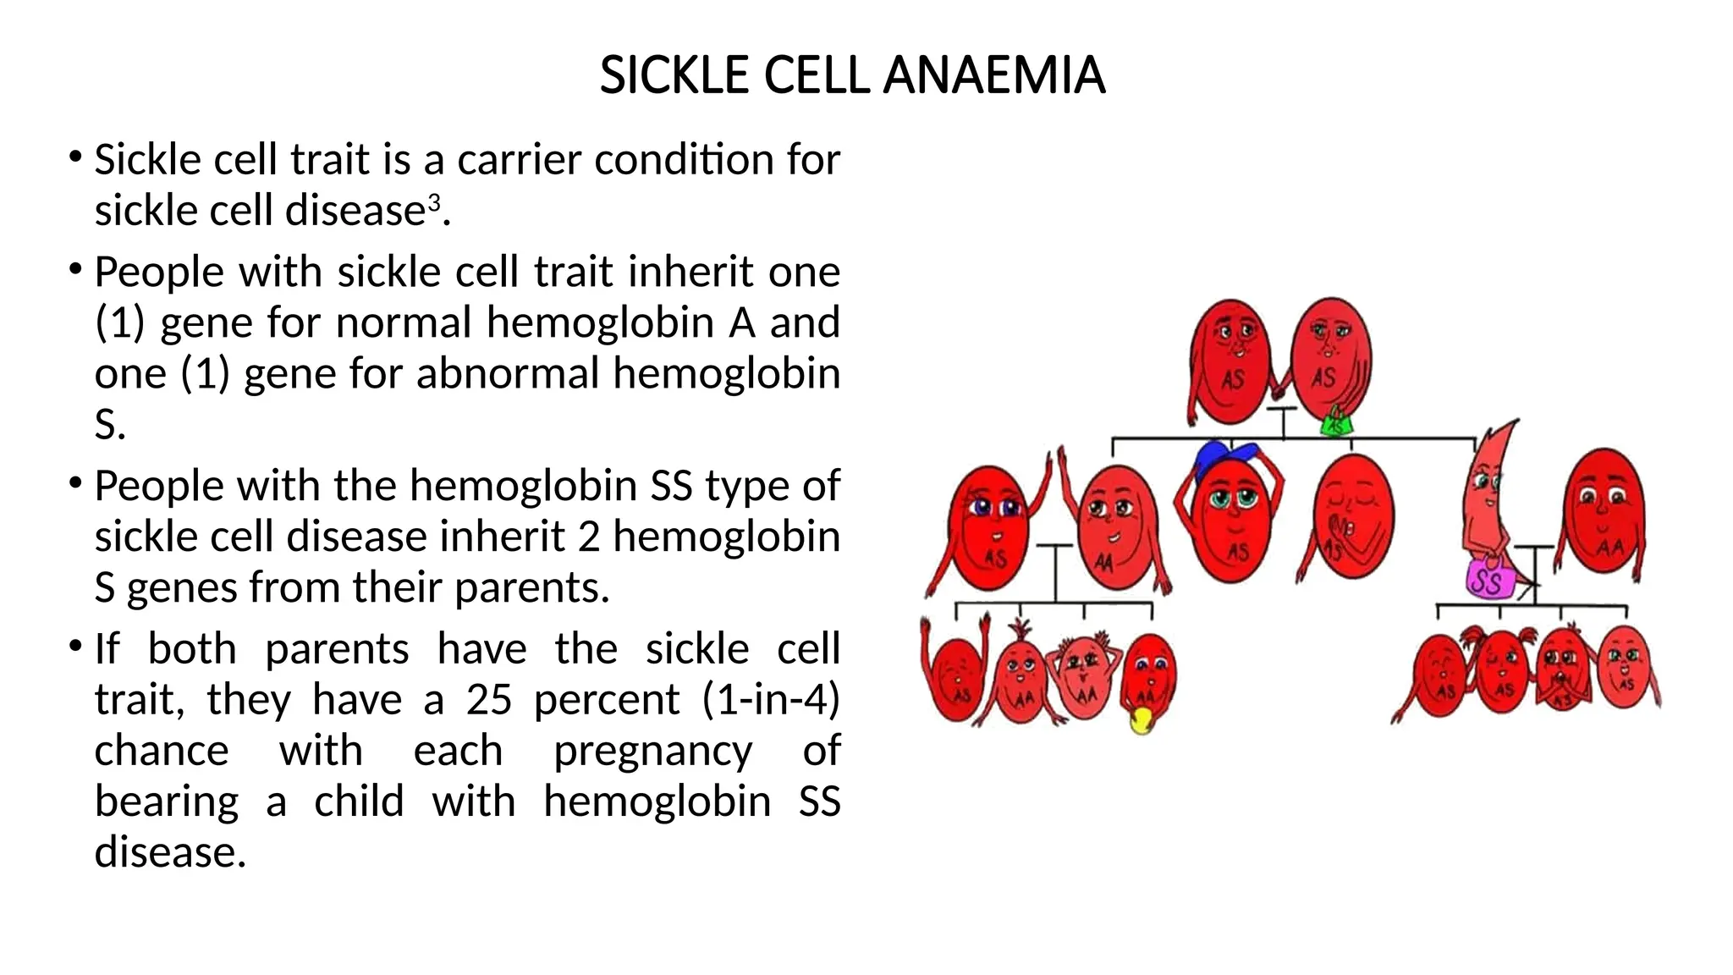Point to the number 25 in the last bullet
click(x=488, y=699)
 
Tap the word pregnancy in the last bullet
click(x=652, y=751)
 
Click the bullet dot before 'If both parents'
click(x=75, y=647)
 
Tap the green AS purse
click(x=1337, y=422)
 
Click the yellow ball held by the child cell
click(x=1142, y=720)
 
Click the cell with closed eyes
click(x=1352, y=516)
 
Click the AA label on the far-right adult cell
click(x=1609, y=548)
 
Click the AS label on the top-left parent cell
click(x=1232, y=379)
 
